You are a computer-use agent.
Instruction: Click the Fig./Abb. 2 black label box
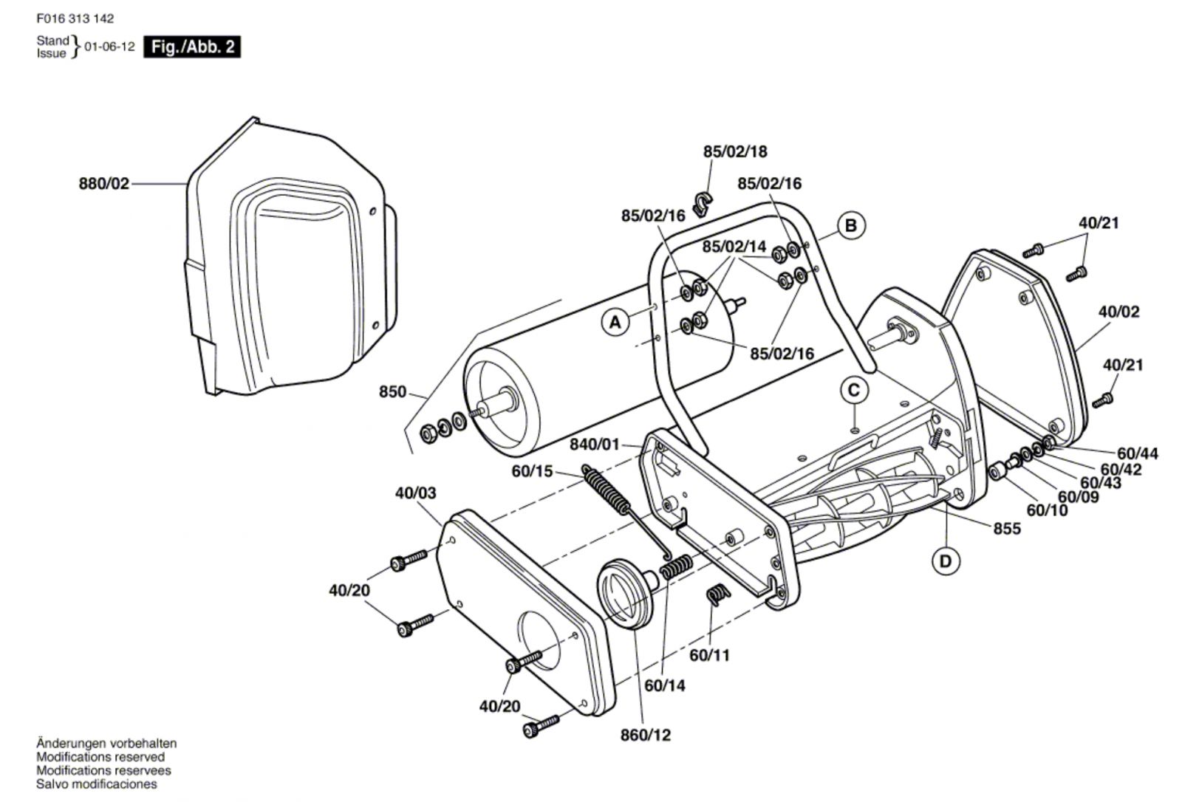coord(192,47)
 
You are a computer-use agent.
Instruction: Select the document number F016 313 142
coord(75,18)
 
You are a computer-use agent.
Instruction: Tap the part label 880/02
coord(104,184)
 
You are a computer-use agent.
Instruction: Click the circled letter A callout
coord(615,321)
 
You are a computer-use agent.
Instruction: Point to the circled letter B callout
coord(850,226)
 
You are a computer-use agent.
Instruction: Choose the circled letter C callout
coord(854,391)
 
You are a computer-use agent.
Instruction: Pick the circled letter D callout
coord(945,561)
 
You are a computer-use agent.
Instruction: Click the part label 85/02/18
coord(735,151)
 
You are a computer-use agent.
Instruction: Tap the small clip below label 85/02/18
coord(703,205)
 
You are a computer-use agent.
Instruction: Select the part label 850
coord(392,391)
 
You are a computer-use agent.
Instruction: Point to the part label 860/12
coord(646,735)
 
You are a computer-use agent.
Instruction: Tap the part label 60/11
coord(710,655)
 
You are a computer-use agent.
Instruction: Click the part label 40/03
coord(416,493)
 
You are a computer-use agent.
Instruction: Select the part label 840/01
coord(595,445)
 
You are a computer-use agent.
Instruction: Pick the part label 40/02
coord(1119,312)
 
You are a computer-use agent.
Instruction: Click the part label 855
coord(1007,529)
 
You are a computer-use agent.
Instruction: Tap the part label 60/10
coord(1047,510)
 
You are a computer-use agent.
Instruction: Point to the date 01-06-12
coord(110,47)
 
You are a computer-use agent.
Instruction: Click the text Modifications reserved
coord(100,757)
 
